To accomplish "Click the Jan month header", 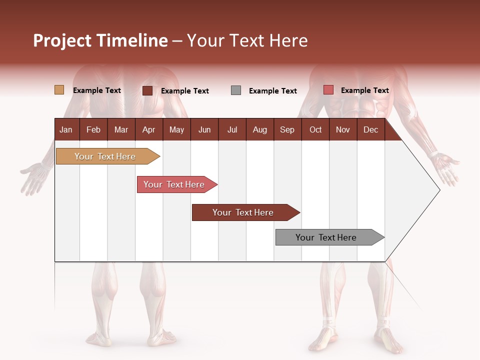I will click(x=66, y=129).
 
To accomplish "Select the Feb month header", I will click(x=93, y=129).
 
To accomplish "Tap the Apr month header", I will click(x=149, y=129).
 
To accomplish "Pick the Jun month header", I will click(x=204, y=129).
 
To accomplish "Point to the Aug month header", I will click(x=260, y=129).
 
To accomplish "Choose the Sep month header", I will click(x=287, y=129).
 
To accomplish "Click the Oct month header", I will click(x=315, y=129).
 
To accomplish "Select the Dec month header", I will click(x=371, y=129).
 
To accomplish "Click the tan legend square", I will click(x=59, y=90).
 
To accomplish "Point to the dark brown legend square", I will click(x=147, y=90).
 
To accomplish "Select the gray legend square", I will click(x=236, y=90).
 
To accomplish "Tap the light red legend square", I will click(x=328, y=90).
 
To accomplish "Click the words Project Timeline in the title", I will click(x=100, y=40).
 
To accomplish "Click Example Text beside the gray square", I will click(x=273, y=91).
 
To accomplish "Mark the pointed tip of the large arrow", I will click(x=439, y=189).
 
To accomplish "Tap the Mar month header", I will click(x=121, y=129).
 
